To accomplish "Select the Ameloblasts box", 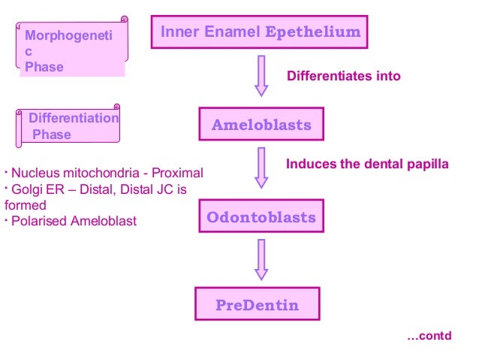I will (261, 125).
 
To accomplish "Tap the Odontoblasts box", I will (261, 218).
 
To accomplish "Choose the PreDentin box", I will (257, 305).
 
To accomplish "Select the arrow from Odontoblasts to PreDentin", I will (261, 260).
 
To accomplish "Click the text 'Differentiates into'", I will (344, 76).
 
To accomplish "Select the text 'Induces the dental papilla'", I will (367, 164).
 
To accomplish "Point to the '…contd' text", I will (429, 335).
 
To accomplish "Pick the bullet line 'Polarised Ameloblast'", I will (72, 221).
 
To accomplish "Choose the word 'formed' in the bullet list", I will (25, 204).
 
